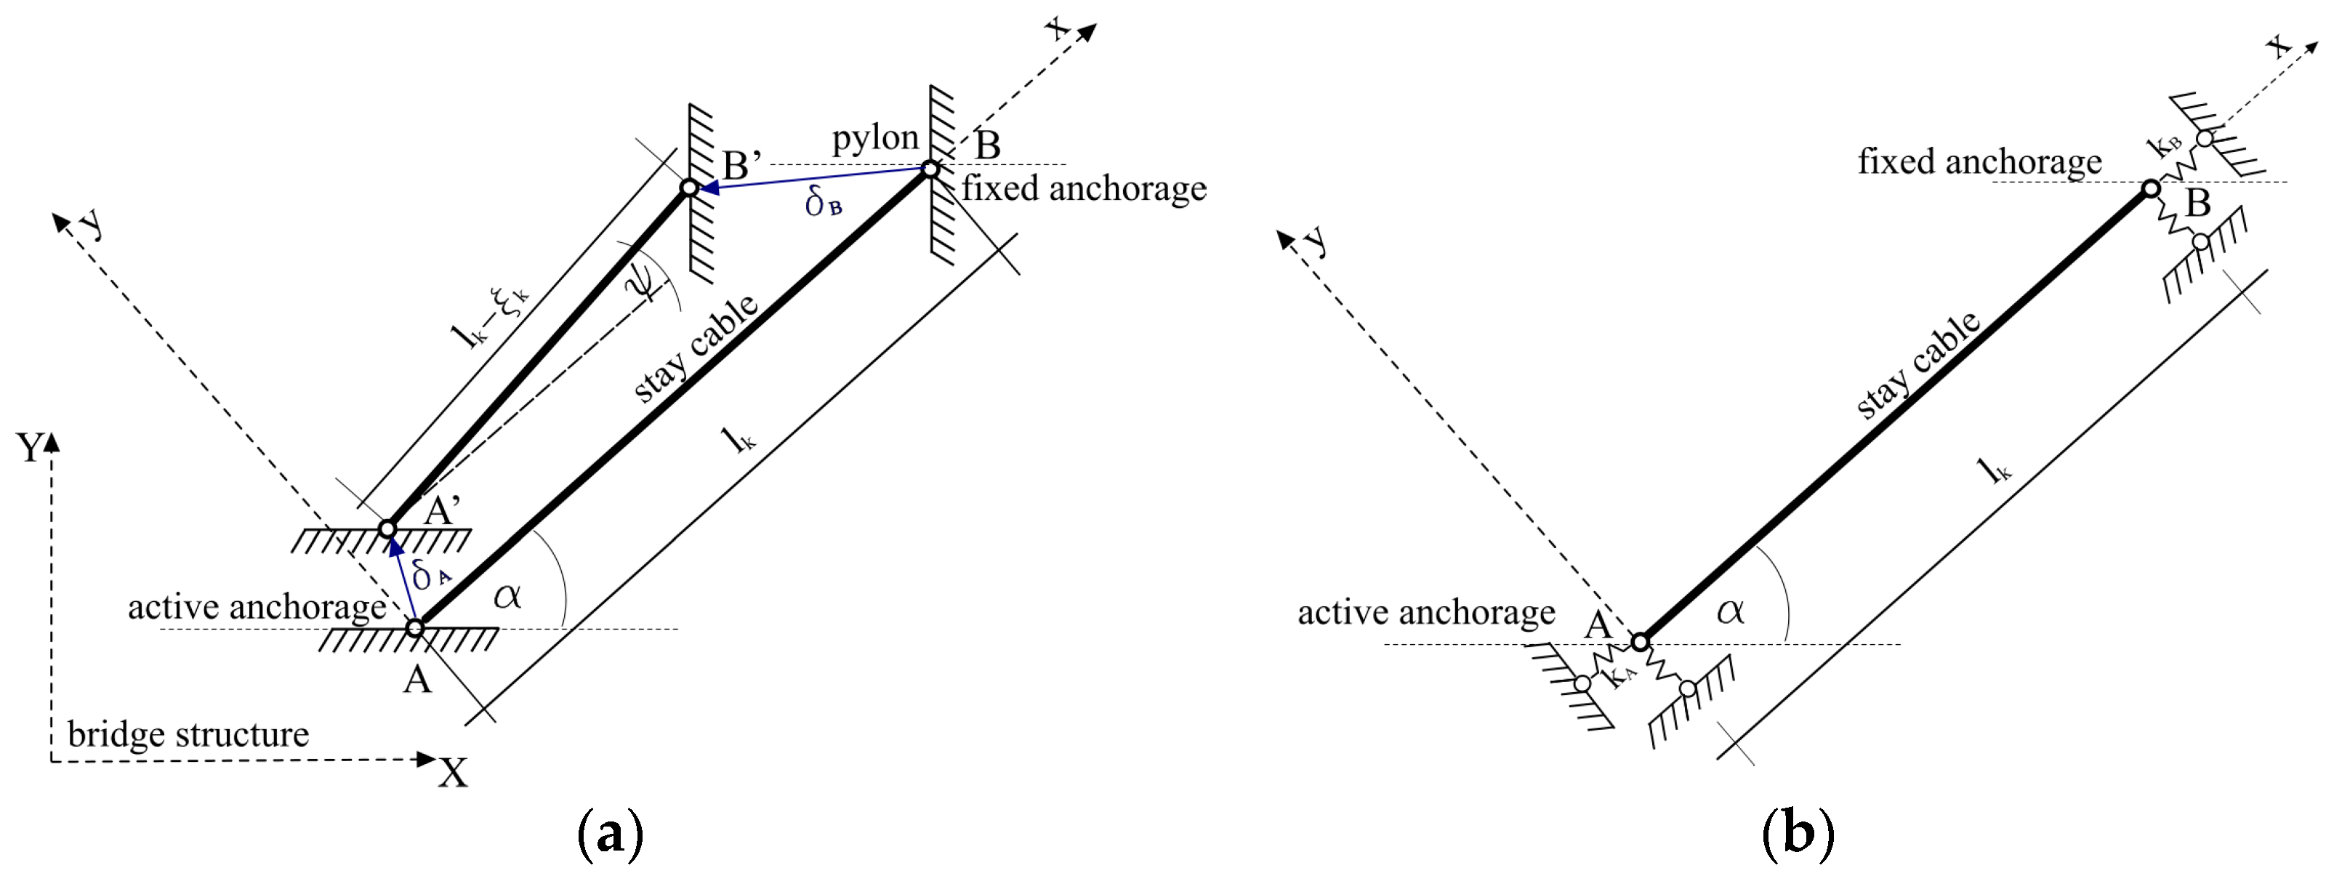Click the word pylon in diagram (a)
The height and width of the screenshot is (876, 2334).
[x=874, y=137]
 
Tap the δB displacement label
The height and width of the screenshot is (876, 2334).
[x=823, y=204]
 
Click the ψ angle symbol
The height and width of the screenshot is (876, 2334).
[x=642, y=279]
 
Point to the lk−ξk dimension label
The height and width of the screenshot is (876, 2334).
[x=489, y=317]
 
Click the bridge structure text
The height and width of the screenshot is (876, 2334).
[x=188, y=734]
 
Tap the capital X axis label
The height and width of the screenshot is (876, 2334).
[x=453, y=773]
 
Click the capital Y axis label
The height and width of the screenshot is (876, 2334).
[x=30, y=448]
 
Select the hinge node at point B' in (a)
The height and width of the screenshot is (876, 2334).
[x=690, y=188]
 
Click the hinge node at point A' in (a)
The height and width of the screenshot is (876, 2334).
[x=388, y=528]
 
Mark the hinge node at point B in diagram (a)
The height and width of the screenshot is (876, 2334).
[x=930, y=169]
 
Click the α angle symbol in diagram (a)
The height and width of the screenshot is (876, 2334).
[x=507, y=596]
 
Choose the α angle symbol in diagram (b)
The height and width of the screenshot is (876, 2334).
[x=1730, y=611]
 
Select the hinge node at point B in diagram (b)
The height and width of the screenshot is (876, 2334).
[x=2151, y=188]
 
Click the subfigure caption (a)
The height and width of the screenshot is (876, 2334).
[x=610, y=833]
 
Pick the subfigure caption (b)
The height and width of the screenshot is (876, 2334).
[x=1798, y=833]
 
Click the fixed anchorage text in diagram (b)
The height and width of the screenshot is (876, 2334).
[x=1980, y=161]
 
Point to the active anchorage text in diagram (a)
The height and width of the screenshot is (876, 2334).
[x=257, y=607]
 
